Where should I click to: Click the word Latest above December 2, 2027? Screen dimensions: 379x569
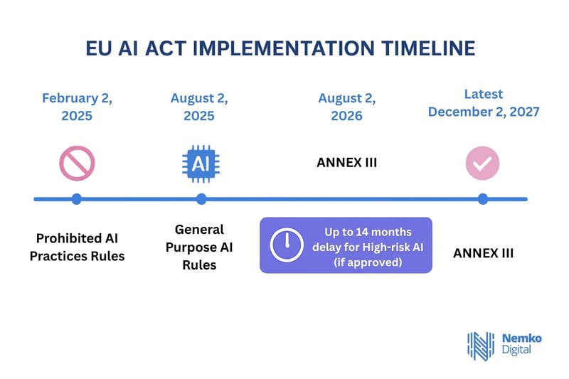pos(483,94)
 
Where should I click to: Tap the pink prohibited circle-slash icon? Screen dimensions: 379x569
pos(77,163)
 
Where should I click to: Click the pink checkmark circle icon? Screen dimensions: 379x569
pos(483,163)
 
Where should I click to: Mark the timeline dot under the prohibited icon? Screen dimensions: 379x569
pos(77,199)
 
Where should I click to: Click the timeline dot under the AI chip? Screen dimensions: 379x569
pos(202,199)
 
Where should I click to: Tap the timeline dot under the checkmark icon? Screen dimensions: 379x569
pos(483,199)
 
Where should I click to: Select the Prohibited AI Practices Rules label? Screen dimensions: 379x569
pos(77,247)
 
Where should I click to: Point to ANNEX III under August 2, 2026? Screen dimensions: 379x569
pos(346,163)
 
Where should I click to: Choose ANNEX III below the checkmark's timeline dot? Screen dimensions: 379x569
pos(483,252)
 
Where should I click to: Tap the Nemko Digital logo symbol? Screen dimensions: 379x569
pos(479,345)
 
